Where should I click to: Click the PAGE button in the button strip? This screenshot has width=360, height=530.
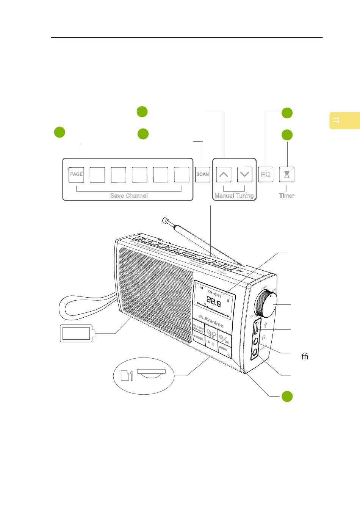76,174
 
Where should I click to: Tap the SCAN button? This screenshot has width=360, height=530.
203,174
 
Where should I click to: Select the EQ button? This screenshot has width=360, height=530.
266,174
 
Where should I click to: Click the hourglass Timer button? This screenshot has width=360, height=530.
287,174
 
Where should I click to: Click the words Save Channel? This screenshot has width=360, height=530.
129,196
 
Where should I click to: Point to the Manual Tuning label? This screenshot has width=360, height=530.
234,196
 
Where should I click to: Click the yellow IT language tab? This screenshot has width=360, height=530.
344,121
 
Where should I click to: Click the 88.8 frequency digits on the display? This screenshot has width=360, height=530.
214,303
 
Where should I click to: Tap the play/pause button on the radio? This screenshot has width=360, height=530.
211,343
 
